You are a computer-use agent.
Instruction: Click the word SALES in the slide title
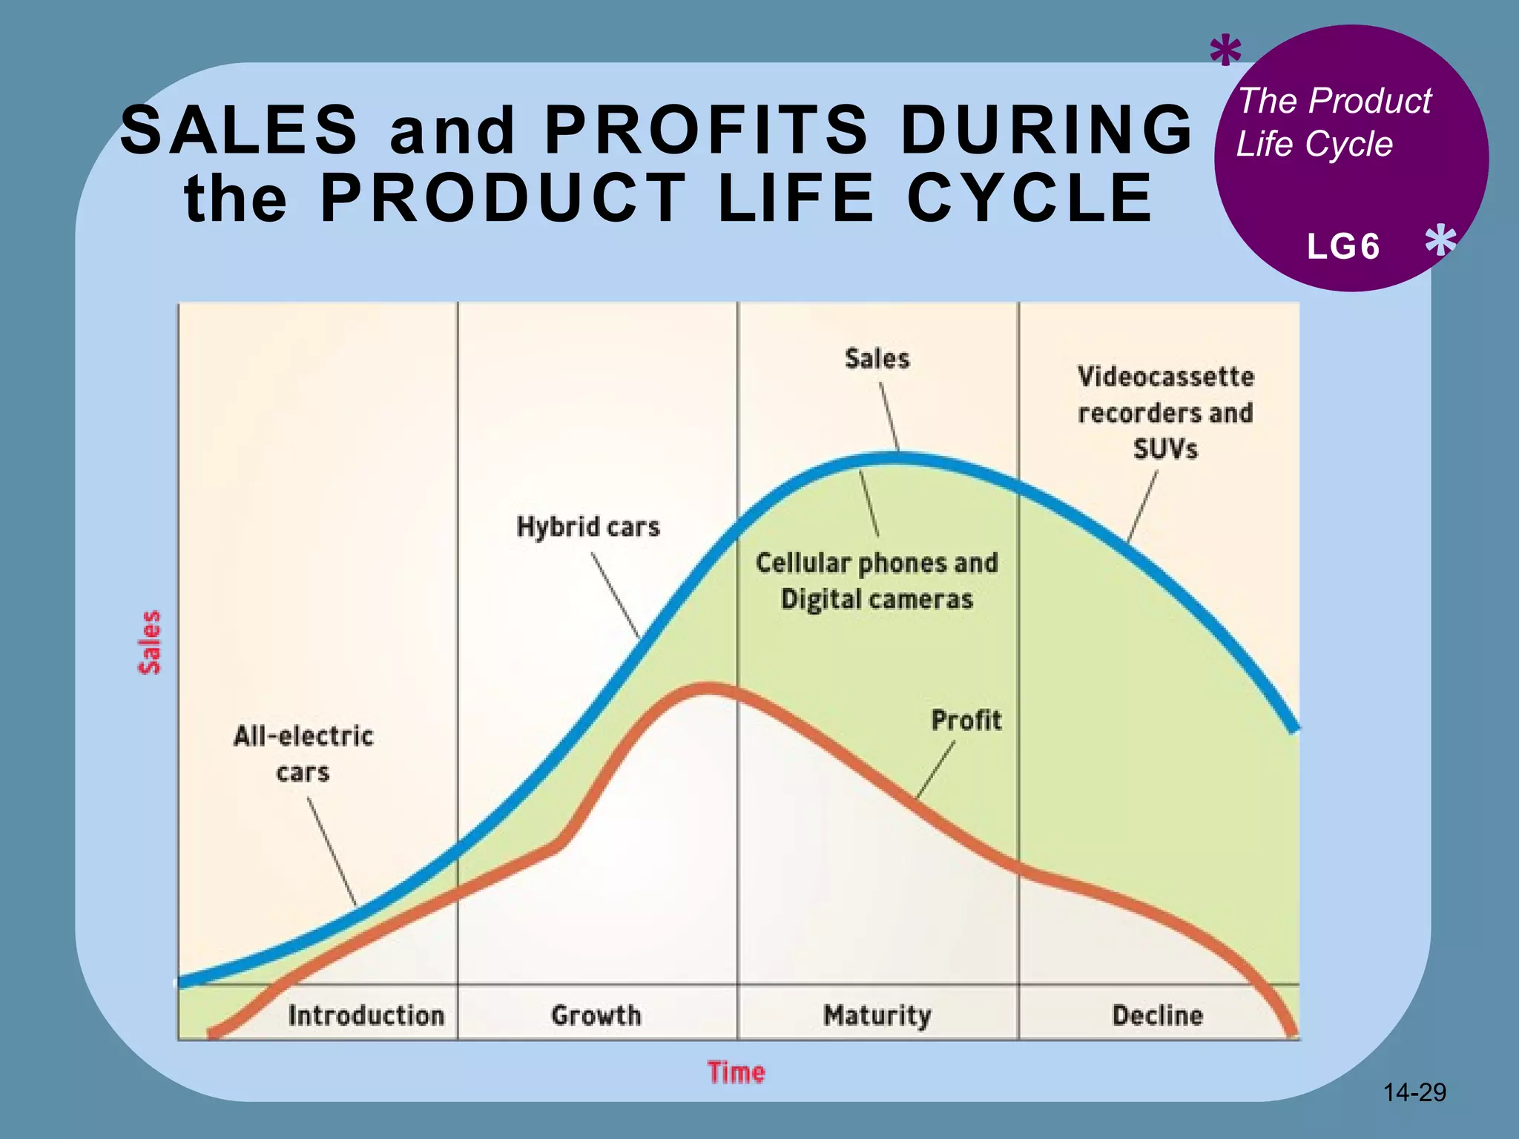(x=239, y=130)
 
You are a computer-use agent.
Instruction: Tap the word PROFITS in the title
(x=706, y=130)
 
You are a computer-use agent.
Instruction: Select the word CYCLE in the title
(x=1029, y=198)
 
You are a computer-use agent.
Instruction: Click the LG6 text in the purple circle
(x=1343, y=247)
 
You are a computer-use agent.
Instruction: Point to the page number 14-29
(x=1414, y=1092)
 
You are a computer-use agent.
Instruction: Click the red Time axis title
(x=736, y=1073)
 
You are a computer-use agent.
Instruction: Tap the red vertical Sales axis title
(x=150, y=642)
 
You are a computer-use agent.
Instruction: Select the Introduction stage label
(x=366, y=1015)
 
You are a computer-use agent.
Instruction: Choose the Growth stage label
(x=596, y=1015)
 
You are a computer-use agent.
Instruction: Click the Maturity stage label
(x=877, y=1015)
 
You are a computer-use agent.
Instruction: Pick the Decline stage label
(x=1157, y=1015)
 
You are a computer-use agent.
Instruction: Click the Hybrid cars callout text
(x=588, y=527)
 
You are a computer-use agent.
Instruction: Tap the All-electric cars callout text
(x=303, y=753)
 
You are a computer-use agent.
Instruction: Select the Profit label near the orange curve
(x=966, y=720)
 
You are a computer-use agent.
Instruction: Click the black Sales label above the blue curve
(x=877, y=359)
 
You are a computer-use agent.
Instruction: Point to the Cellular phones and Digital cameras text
(x=877, y=581)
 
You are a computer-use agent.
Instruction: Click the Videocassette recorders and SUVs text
(x=1165, y=412)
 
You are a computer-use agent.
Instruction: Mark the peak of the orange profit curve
(x=708, y=689)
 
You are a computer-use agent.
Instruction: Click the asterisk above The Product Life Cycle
(x=1225, y=51)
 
